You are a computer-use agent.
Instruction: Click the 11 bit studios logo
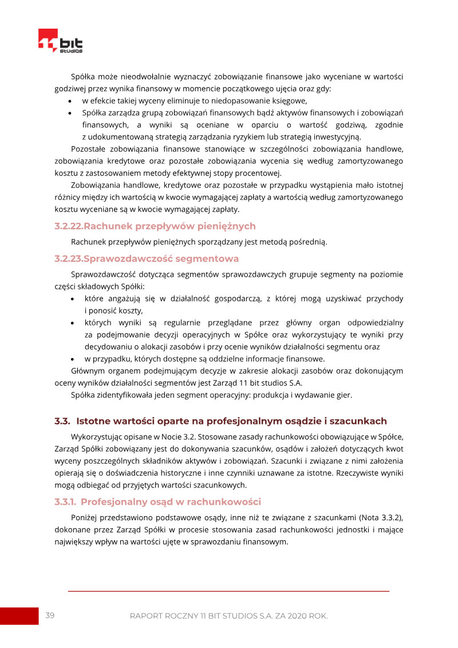tap(60, 41)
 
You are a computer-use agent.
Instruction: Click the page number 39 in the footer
tap(50, 615)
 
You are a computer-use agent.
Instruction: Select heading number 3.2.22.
tap(69, 226)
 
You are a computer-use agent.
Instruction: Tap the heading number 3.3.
tap(62, 421)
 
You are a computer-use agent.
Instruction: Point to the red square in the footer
tap(18, 616)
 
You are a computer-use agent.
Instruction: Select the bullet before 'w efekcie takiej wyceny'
tap(70, 101)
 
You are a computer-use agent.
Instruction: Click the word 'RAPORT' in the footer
tap(147, 616)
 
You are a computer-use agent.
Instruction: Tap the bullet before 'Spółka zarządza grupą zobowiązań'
tap(70, 113)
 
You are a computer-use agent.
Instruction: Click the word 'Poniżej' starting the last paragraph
tap(85, 518)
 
